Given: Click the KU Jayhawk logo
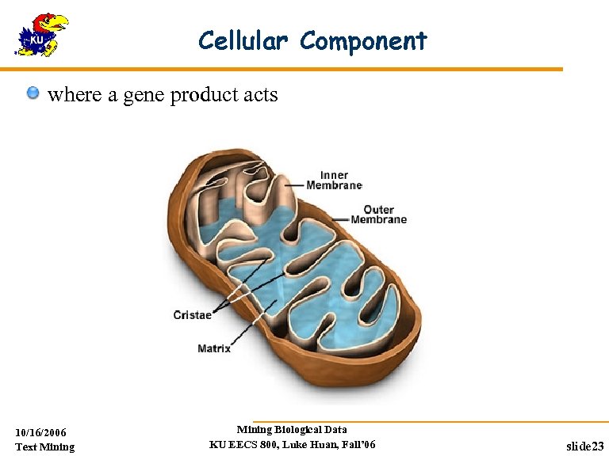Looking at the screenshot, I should click(x=41, y=35).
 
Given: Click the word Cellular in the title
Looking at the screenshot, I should click(x=244, y=40).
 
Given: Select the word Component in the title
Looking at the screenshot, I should click(x=363, y=40).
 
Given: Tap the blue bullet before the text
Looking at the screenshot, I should click(x=33, y=94).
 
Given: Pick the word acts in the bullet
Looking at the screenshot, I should click(x=261, y=95).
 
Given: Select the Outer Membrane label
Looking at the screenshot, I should click(x=378, y=215).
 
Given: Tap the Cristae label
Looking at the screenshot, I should click(x=193, y=315).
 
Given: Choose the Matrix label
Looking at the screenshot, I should click(x=214, y=348).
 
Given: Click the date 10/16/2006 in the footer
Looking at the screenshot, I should click(x=41, y=432).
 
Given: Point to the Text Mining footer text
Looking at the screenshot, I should click(x=44, y=447).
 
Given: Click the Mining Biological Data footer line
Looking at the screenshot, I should click(x=292, y=430).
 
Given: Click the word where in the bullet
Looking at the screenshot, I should click(x=75, y=95).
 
